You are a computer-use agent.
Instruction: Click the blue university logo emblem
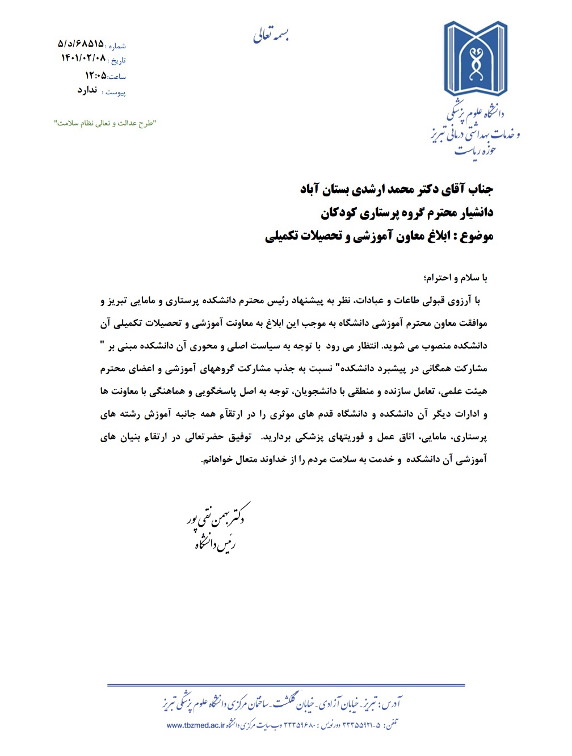476,59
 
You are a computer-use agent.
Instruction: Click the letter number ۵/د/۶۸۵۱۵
81,44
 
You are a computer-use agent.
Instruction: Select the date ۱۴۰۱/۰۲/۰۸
83,58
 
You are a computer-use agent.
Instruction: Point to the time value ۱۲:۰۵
96,75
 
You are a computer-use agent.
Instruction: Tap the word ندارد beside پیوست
87,90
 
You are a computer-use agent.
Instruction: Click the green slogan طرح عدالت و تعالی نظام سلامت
105,123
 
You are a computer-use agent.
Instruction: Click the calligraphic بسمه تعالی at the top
272,35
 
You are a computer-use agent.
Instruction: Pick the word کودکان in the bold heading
339,212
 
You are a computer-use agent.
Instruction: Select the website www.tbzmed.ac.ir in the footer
196,725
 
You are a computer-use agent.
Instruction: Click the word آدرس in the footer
392,704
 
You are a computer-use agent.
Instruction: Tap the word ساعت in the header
117,77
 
